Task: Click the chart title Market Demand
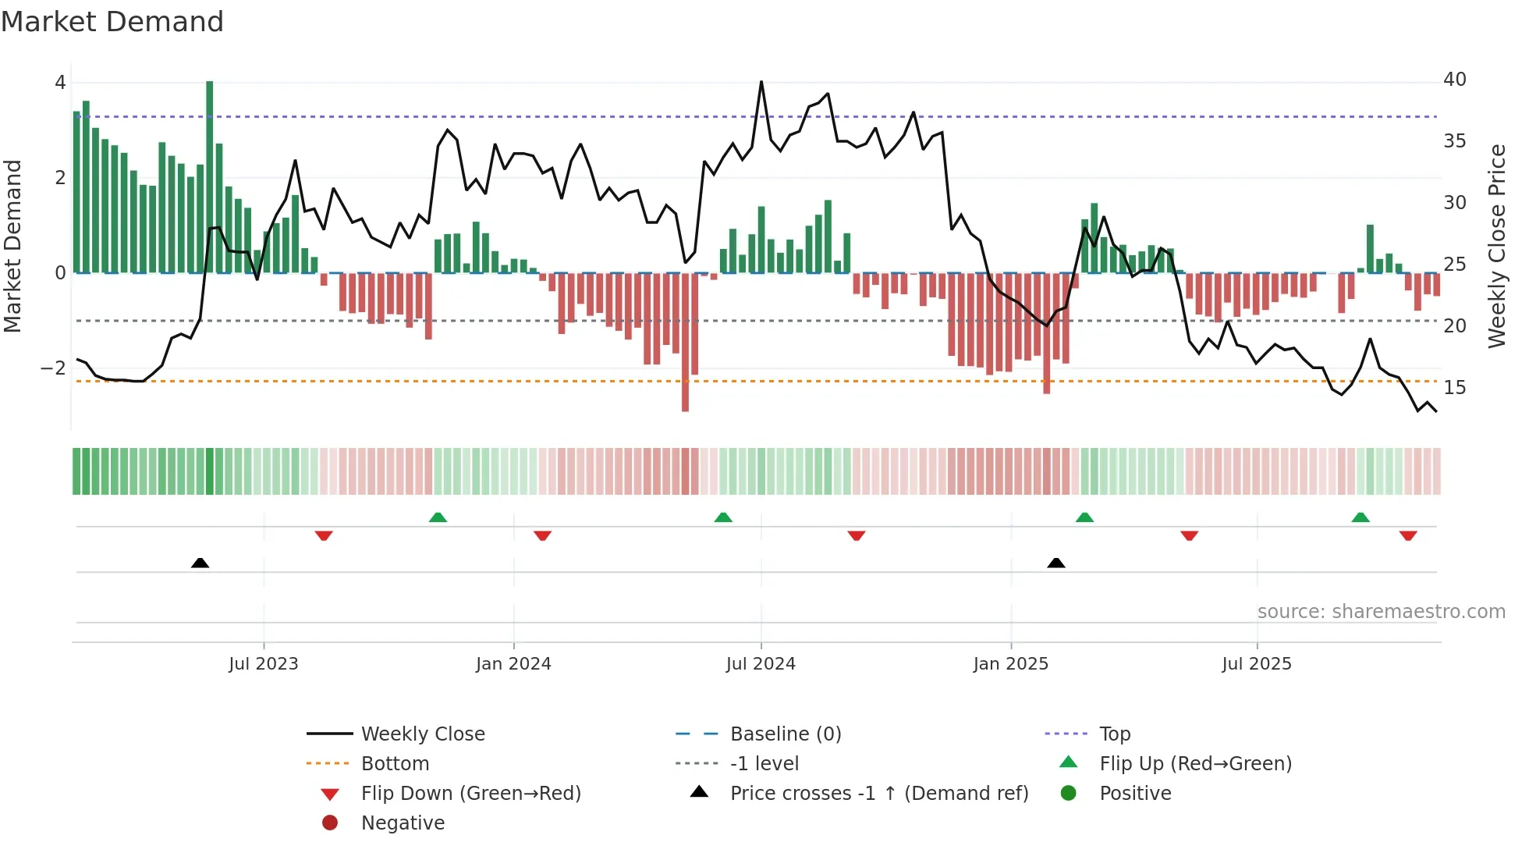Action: pos(112,22)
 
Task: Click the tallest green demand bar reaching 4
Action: pos(209,176)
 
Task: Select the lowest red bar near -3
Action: pos(685,343)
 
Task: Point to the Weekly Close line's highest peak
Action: pos(761,82)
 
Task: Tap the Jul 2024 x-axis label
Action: pos(761,664)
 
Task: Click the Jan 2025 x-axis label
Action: pos(1011,664)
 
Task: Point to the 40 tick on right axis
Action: pos(1454,80)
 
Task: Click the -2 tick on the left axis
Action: pos(54,368)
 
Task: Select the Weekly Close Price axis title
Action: pos(1496,246)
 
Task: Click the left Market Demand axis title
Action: pos(13,246)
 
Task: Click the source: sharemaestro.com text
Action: pos(1381,612)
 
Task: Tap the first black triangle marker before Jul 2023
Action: pos(200,563)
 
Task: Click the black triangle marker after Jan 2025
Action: pos(1056,563)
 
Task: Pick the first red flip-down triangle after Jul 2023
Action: pos(324,535)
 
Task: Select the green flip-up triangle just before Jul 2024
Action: pos(723,517)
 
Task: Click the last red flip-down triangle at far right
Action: pos(1408,535)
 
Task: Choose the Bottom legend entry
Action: pos(395,764)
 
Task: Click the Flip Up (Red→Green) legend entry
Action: pos(1195,764)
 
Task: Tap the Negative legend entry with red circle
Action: pos(403,823)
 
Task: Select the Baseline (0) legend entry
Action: pos(785,734)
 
